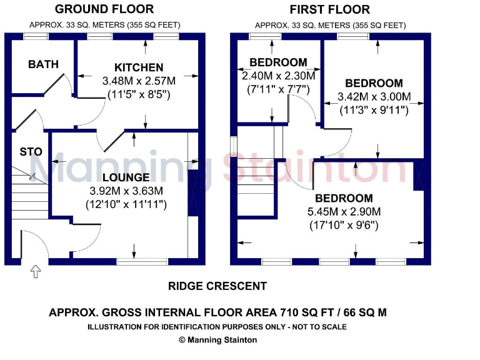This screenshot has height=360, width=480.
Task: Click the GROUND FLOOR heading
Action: click(104, 9)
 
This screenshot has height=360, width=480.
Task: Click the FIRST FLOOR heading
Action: click(329, 9)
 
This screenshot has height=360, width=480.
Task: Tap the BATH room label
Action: click(44, 64)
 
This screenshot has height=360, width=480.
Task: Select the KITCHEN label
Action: click(139, 67)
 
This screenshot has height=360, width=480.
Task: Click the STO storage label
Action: click(31, 152)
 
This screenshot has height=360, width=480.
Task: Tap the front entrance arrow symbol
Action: click(36, 271)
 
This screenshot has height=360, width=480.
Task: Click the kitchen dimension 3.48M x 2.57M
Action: click(139, 81)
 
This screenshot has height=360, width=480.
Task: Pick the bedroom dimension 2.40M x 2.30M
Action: click(279, 75)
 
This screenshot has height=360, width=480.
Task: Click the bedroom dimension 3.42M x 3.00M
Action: click(374, 97)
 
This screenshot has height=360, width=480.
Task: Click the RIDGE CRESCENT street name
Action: click(217, 286)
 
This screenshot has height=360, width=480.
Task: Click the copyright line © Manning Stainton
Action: click(217, 340)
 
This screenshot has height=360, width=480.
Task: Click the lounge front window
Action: click(142, 261)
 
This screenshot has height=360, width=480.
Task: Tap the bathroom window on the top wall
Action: click(36, 37)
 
